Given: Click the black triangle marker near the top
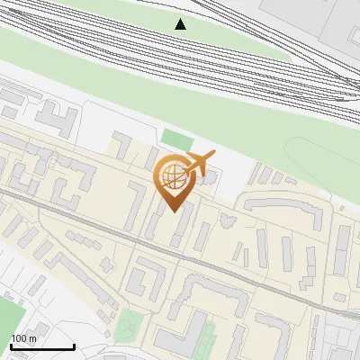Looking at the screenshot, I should click(181, 24).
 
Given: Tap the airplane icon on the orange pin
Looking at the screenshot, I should click(199, 164).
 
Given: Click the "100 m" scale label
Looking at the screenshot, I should click(23, 338).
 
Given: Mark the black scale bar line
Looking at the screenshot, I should click(42, 346).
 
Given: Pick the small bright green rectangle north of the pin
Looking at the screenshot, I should click(177, 140).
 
